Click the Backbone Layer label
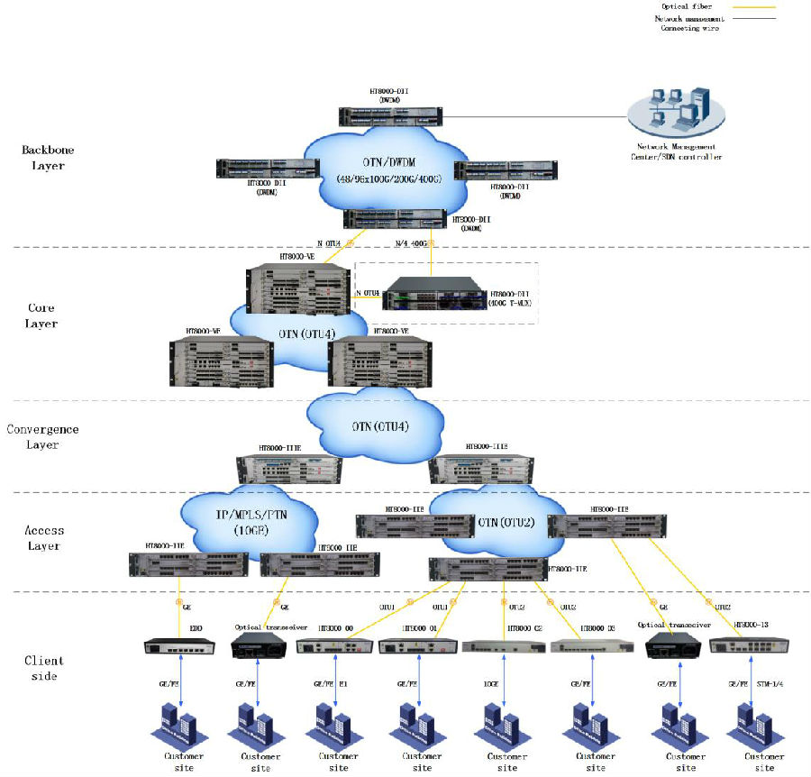point(48,158)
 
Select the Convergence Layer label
point(42,436)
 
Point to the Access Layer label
point(41,538)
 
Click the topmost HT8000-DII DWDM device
point(392,115)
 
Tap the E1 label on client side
point(345,684)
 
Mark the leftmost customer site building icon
point(177,726)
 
